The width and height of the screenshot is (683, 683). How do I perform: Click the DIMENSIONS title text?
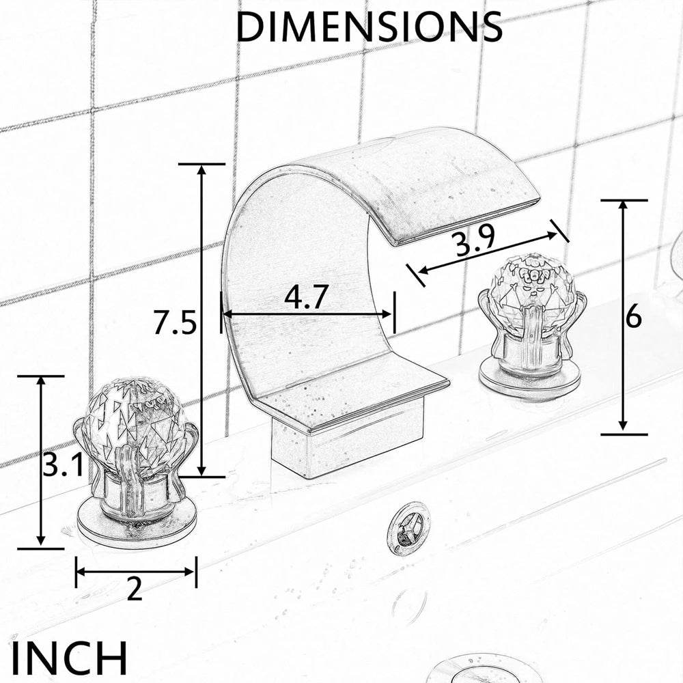(369, 27)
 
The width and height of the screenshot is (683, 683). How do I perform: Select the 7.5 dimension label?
(175, 323)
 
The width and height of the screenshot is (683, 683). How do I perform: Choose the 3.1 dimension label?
(63, 467)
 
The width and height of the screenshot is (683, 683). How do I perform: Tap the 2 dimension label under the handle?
(135, 589)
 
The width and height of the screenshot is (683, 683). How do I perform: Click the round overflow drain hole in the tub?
(408, 527)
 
